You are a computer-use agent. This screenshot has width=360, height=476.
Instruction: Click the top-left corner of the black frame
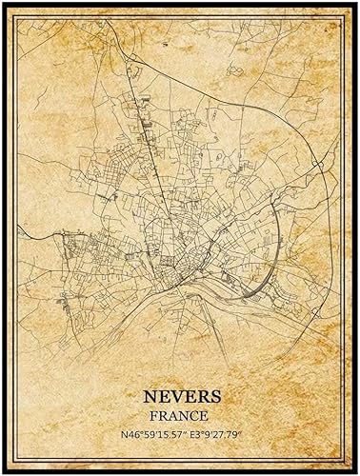3,3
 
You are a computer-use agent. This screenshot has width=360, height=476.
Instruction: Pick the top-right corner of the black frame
356,3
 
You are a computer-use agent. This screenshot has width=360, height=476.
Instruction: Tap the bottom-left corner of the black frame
3,472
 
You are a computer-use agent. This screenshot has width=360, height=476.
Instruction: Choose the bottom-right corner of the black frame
356,472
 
